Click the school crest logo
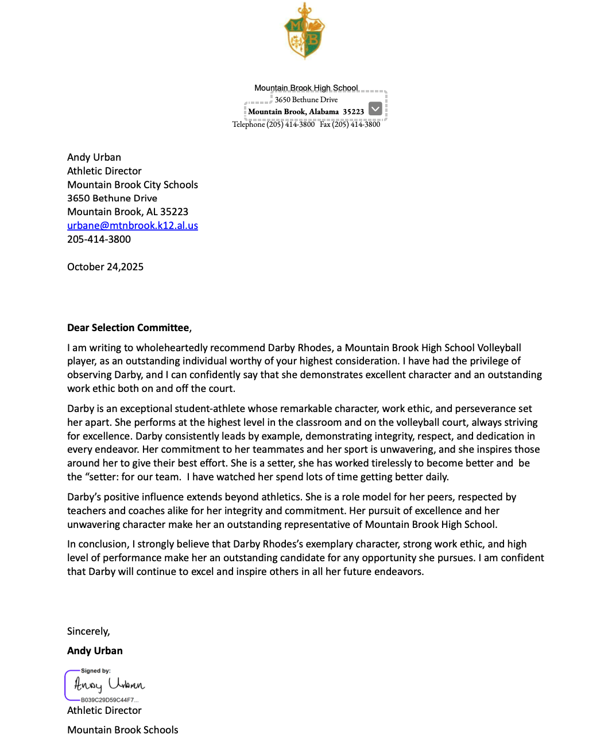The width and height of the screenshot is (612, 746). pos(305,32)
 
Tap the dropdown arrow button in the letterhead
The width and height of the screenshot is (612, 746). pos(375,108)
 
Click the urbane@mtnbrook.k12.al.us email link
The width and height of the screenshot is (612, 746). pos(133,226)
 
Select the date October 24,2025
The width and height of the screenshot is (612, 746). pos(105,267)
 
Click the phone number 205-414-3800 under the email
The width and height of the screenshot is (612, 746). pos(99,239)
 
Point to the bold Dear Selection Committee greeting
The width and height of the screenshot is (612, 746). pos(128,328)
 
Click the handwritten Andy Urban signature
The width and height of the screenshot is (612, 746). pos(110,685)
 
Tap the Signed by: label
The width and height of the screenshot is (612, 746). pos(96,671)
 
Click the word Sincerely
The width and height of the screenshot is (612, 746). pos(88,631)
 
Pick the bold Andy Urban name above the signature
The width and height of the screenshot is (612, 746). pos(95,651)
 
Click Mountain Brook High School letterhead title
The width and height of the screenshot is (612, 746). pos(306,88)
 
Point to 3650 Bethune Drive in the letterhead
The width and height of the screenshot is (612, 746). pos(306,100)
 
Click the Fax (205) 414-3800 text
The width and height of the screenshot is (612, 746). pos(350,125)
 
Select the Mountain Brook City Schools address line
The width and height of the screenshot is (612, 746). pos(133,185)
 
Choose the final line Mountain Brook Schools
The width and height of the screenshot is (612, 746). pos(122,730)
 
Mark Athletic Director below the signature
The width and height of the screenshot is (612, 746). pos(104,710)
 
